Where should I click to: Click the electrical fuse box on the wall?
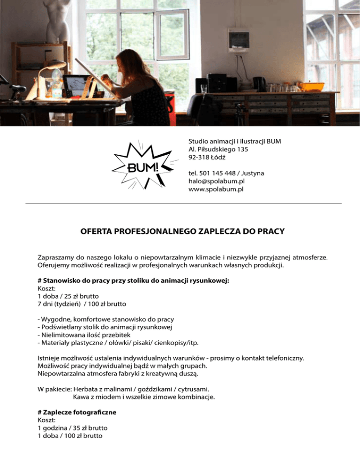[238, 40]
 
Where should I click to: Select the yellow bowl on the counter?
[311, 87]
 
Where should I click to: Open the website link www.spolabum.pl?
[216, 189]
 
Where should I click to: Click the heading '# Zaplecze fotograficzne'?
[77, 412]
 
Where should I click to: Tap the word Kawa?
[82, 397]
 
